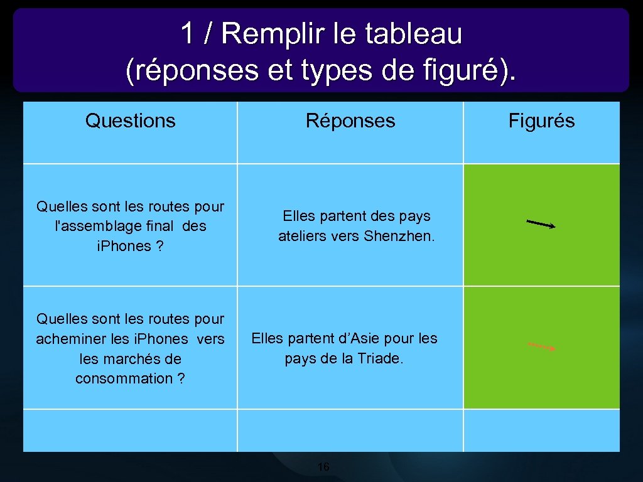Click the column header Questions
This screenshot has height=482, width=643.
coord(130,120)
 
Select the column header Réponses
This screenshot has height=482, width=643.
coord(350,120)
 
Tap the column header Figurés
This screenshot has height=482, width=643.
coord(541,121)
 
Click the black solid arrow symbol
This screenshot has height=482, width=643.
coord(541,224)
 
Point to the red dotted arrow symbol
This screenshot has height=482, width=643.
coord(541,346)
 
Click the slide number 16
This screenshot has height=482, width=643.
coord(323,467)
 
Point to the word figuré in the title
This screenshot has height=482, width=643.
coord(468,72)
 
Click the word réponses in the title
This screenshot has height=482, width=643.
coord(192,72)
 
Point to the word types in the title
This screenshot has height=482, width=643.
coord(320,72)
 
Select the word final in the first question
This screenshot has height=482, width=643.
coord(159,226)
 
